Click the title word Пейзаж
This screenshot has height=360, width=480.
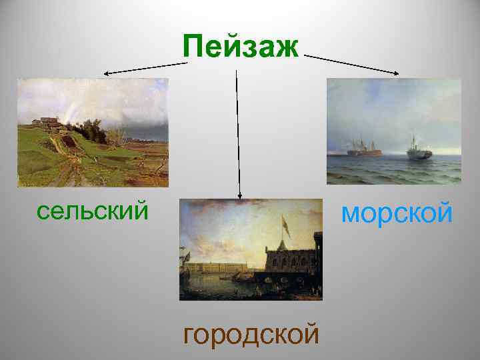click(241, 47)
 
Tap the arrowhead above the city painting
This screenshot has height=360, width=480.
click(241, 195)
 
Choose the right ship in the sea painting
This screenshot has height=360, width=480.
click(420, 152)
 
